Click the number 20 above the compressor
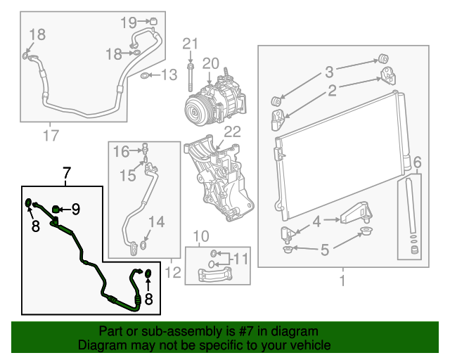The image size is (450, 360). tap(212, 63)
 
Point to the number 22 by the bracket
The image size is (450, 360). tap(231, 132)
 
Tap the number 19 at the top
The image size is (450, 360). tap(128, 22)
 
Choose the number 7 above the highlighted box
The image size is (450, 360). tap(67, 172)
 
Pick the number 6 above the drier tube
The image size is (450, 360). tap(417, 164)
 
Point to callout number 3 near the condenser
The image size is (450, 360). tap(328, 72)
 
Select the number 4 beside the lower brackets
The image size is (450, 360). tap(316, 221)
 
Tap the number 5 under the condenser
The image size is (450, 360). tap(324, 248)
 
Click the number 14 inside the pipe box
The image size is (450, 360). tap(156, 223)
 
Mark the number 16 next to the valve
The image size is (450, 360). tap(121, 151)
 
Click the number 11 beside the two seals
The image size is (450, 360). tap(240, 259)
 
